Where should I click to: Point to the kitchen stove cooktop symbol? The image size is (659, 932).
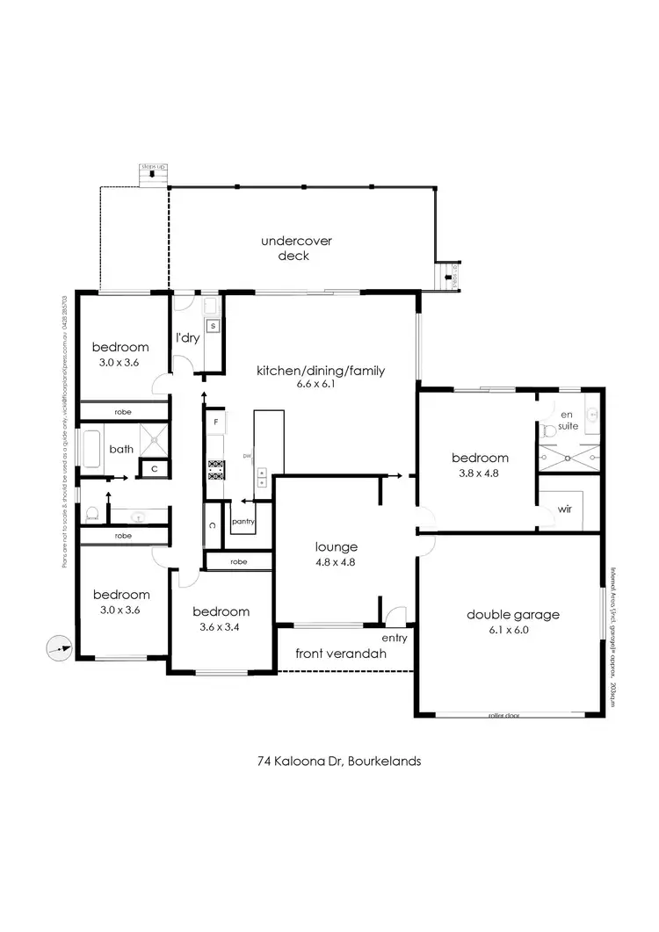point(214,470)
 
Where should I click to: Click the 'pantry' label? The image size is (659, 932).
point(243,521)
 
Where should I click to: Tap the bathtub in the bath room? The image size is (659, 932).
point(91,449)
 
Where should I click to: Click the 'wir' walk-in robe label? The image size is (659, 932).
point(564,509)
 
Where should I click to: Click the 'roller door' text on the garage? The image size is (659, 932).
point(504,716)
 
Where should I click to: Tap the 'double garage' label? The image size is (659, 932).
point(513,615)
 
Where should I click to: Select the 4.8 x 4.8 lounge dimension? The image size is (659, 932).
point(337,562)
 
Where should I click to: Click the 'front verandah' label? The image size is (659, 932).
point(341,654)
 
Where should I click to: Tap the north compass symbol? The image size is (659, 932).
point(56,648)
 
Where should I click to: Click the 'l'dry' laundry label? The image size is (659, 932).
point(186,338)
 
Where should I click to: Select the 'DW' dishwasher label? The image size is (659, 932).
point(248,457)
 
